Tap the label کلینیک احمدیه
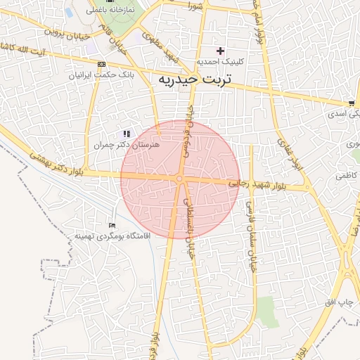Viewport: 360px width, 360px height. point(220,62)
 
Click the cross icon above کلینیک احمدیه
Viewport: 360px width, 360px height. point(221,51)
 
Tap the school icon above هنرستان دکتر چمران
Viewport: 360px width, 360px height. point(127,133)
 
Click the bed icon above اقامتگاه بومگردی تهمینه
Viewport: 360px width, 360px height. point(112,225)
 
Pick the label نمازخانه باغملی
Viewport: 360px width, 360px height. point(110,11)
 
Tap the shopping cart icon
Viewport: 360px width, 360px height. point(351,103)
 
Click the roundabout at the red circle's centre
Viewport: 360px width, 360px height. point(180,179)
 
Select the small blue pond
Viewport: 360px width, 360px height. point(70,12)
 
